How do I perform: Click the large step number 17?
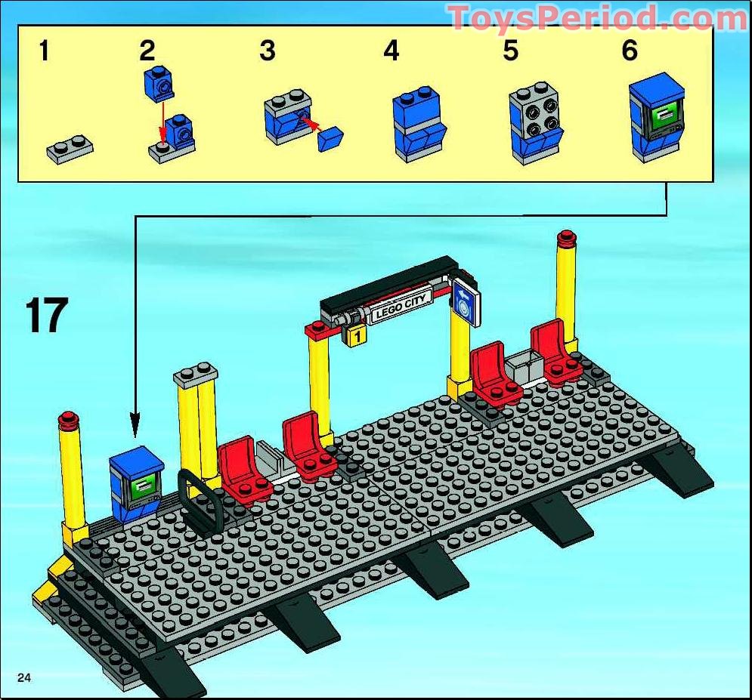tap(47, 315)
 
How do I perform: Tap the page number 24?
tap(24, 677)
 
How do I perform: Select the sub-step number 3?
tap(267, 51)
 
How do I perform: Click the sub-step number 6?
tap(630, 50)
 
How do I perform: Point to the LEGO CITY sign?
tap(401, 307)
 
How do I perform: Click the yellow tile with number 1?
tap(356, 336)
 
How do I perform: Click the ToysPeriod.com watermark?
tap(599, 17)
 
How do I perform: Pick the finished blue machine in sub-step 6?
tap(657, 117)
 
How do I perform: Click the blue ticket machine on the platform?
tap(136, 483)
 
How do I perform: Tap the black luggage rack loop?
tap(200, 502)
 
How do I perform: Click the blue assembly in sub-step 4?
tap(419, 124)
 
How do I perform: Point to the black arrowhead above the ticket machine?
tap(135, 427)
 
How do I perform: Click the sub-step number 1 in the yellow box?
tap(44, 51)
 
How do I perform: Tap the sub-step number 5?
tap(511, 51)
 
